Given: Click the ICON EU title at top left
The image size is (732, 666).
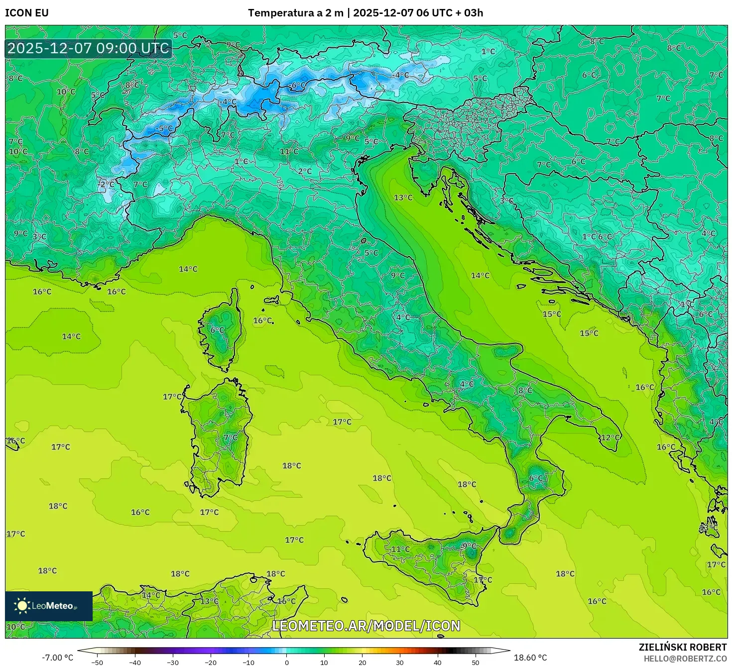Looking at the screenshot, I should [27, 13].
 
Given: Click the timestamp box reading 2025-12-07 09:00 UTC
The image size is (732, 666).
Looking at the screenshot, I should [89, 48].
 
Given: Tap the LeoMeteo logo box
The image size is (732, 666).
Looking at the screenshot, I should [49, 606].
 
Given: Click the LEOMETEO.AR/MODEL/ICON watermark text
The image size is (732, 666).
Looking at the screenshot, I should [366, 626].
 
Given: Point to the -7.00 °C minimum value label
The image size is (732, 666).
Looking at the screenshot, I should [57, 658].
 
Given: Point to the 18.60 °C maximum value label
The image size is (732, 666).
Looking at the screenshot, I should [530, 658].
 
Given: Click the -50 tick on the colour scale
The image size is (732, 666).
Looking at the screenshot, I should [97, 662].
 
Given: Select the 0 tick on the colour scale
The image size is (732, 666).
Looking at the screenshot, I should [286, 662].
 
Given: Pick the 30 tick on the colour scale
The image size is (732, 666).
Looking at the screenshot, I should [400, 662].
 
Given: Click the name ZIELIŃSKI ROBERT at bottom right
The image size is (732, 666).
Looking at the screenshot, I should [683, 647].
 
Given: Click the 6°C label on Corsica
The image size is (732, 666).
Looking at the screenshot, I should [218, 330].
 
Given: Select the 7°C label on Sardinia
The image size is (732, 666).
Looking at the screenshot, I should [231, 438].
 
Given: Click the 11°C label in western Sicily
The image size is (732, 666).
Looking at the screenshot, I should [400, 550].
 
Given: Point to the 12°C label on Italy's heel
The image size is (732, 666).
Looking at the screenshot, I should [610, 438].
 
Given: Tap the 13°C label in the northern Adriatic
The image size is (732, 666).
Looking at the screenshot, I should [403, 198].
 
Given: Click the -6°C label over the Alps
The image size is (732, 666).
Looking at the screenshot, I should [298, 86].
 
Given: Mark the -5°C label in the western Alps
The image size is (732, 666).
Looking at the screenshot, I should [164, 128].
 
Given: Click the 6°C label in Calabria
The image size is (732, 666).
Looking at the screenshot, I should [536, 478].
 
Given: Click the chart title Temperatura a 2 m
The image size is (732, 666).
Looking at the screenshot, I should [296, 13].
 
